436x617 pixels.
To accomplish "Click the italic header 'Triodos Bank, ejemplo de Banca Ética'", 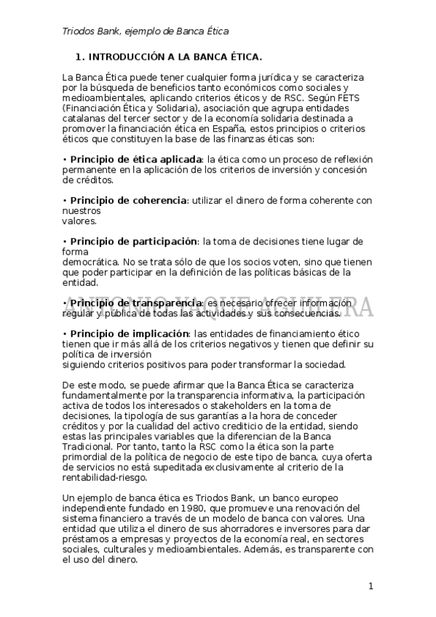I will point(146,31).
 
